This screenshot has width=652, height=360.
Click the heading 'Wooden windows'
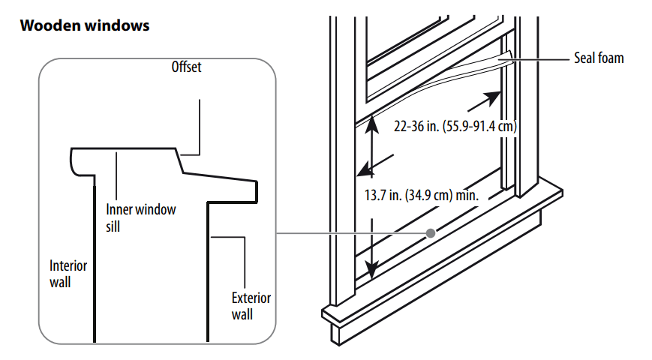click(x=85, y=25)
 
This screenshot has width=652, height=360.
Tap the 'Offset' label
click(x=186, y=67)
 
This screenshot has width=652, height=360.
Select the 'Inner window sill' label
click(x=140, y=217)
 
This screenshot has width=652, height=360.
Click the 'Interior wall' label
click(x=68, y=274)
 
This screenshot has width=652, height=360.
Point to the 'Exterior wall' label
click(x=251, y=306)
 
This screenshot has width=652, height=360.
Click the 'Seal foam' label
click(x=599, y=58)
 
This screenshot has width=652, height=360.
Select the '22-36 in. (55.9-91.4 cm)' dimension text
click(x=455, y=126)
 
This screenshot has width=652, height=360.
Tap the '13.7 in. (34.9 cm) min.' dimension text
click(x=422, y=195)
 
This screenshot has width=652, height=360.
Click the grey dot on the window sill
click(x=431, y=233)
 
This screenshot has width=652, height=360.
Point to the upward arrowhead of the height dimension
click(x=371, y=124)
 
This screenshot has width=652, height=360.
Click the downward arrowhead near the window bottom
click(x=371, y=270)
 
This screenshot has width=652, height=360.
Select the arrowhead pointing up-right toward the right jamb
click(x=492, y=97)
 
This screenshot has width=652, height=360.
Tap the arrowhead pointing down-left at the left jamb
click(x=366, y=169)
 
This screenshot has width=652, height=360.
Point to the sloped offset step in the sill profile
click(x=179, y=160)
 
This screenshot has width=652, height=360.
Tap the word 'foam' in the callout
click(x=611, y=58)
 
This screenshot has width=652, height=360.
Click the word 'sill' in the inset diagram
click(x=113, y=226)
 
